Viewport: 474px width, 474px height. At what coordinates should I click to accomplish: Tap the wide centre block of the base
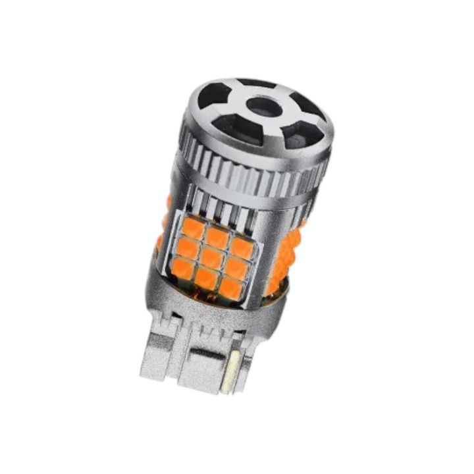(x=197, y=369)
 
